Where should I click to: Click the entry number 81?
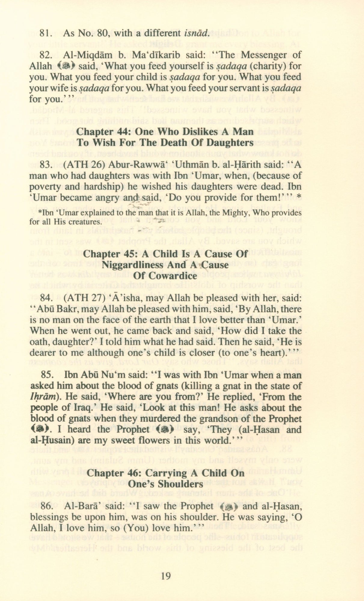(x=45, y=33)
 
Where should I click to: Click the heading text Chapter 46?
(x=113, y=473)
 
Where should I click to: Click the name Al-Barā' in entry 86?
(x=77, y=506)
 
